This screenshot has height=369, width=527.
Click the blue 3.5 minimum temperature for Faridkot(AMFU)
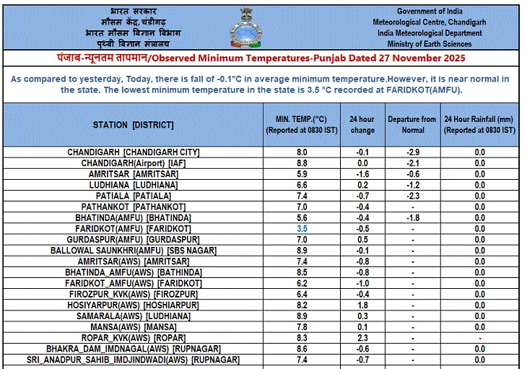302,228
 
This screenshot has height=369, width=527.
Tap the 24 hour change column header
362,125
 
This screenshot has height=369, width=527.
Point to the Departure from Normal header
411,125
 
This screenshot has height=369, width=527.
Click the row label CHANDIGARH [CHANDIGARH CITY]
133,152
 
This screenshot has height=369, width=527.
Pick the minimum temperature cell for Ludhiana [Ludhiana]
302,185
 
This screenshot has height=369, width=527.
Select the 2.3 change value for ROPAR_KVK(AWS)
362,337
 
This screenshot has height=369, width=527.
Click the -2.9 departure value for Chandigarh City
411,152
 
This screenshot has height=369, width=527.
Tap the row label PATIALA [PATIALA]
133,196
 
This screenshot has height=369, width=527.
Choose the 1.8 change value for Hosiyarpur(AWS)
362,305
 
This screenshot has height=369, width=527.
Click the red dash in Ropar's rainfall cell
479,338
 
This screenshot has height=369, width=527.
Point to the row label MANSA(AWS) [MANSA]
133,326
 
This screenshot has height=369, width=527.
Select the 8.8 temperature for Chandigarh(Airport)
302,163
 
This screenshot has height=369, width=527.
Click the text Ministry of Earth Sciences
440,43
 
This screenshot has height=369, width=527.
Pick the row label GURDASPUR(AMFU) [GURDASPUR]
133,239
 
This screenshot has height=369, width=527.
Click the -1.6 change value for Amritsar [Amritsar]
362,174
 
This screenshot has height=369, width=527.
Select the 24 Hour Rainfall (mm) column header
479,125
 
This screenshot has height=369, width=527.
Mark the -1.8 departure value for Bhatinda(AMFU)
411,217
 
